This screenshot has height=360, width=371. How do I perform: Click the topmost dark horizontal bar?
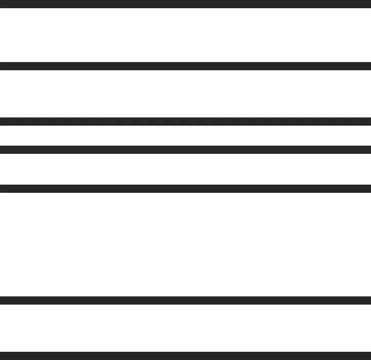186,4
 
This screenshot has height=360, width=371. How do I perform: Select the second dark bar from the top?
186,66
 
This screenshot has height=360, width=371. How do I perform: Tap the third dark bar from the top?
186,122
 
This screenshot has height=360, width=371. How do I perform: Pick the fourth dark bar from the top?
186,150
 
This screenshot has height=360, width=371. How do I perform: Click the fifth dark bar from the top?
186,188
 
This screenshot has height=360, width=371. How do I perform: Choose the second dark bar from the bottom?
186,301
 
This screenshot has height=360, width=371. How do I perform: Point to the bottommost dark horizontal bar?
186,355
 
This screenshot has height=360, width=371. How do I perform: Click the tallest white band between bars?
186,244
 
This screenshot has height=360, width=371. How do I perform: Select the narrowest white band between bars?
186,136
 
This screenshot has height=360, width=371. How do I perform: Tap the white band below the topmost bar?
186,35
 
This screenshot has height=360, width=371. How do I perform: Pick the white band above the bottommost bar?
186,328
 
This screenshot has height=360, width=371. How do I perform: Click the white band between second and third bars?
186,94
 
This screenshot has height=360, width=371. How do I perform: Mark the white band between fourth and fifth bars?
186,169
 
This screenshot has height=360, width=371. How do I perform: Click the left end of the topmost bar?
2,4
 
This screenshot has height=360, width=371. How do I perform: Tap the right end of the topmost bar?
368,4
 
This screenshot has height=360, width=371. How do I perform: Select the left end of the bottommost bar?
2,355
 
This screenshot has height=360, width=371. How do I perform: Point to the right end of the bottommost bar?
368,355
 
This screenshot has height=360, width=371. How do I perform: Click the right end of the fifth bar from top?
368,188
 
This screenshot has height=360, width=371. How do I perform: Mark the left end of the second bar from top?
2,66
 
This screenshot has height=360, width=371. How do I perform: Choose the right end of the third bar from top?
368,122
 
